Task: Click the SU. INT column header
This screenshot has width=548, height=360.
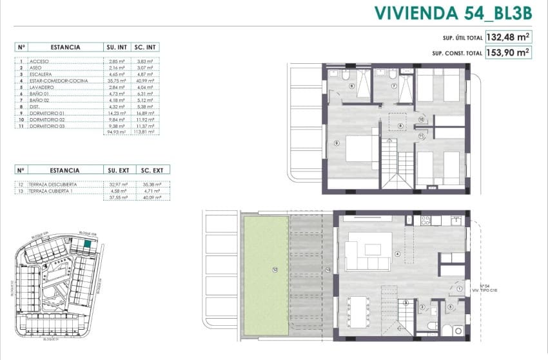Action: point(115,47)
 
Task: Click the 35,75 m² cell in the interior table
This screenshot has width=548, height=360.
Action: point(115,81)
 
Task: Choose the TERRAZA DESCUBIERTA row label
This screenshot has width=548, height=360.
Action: point(49,184)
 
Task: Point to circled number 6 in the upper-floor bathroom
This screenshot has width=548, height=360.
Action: point(351,85)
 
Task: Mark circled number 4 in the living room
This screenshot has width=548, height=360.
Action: point(397,254)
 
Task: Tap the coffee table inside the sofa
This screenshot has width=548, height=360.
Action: point(373,249)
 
